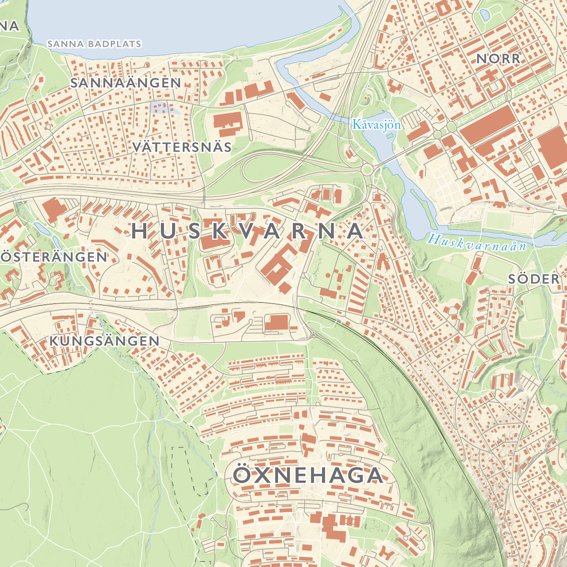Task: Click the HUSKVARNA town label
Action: click(247, 231)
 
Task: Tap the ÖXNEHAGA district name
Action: click(307, 475)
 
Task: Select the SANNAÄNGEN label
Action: click(126, 83)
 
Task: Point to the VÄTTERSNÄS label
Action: click(181, 147)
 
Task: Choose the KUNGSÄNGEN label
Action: click(104, 341)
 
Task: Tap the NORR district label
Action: click(498, 58)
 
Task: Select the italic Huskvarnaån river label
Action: click(477, 243)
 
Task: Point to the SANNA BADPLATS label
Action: click(94, 44)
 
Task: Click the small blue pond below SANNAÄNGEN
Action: click(164, 107)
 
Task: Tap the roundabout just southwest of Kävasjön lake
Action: click(367, 169)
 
